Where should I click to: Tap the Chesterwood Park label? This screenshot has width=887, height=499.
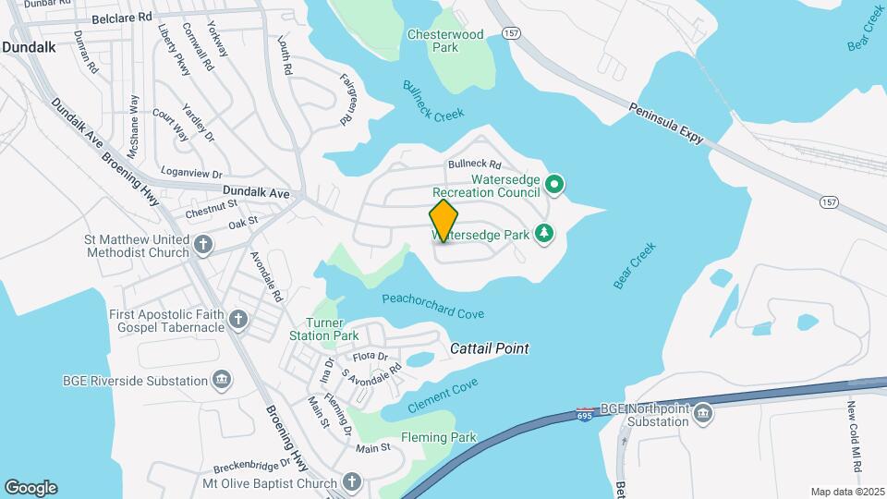445,41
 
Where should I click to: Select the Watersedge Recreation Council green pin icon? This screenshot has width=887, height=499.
554,186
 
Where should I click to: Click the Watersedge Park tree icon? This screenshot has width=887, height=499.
545,234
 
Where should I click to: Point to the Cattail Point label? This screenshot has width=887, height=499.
490,348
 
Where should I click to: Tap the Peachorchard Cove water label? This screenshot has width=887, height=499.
432,306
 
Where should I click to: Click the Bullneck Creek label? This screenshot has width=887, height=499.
433,101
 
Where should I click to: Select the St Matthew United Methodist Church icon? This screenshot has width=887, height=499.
203,246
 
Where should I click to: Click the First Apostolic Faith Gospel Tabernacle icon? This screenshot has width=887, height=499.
238,321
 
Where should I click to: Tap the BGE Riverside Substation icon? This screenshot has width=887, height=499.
222,381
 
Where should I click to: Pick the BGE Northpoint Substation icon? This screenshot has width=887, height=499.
702,413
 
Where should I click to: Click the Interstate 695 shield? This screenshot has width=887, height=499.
585,413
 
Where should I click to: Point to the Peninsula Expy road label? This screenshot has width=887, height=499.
666,122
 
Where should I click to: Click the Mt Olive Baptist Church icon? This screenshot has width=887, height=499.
351,481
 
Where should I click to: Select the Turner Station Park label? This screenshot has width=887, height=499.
333,329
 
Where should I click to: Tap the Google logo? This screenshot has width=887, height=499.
30,488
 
